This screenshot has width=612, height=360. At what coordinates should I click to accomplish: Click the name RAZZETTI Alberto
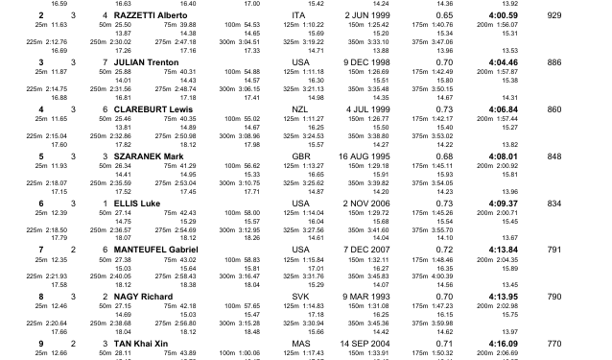coord(150,16)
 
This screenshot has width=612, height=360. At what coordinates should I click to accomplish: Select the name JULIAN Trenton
coord(147,62)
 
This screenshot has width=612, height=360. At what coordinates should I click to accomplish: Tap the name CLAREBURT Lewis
coord(153,109)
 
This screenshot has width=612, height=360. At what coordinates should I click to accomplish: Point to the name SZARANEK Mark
coord(149,156)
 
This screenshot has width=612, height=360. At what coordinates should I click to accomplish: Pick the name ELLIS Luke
coord(136,203)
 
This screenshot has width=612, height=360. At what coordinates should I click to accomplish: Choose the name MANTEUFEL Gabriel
coord(156,250)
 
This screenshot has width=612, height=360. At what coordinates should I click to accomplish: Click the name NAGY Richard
coord(143,296)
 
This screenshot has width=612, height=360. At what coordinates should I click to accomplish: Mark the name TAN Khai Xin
coord(143,343)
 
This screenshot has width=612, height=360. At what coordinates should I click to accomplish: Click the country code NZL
coord(301,109)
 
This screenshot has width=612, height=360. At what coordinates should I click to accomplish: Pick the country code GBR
coord(301,156)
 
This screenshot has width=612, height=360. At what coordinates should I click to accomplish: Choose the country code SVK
coord(301,296)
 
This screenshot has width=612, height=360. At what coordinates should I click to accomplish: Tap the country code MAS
coord(301,343)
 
